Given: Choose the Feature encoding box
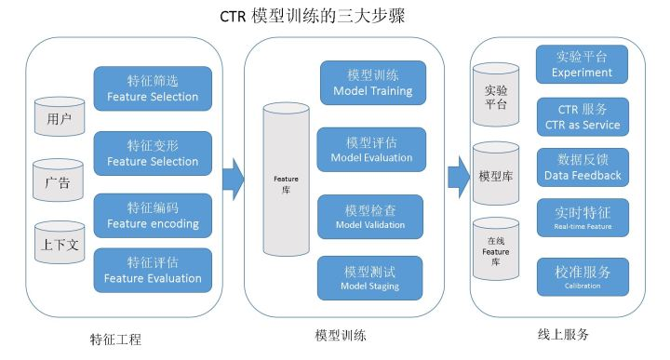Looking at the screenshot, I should click(x=153, y=216).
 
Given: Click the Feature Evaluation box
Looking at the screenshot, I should click(x=153, y=270).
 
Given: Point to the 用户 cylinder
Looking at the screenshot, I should click(x=59, y=115).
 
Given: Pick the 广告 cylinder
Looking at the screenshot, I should click(x=58, y=179).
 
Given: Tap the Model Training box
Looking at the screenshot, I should click(x=371, y=83).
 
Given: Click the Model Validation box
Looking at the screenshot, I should click(x=371, y=215).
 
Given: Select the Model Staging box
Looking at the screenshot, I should click(x=371, y=278).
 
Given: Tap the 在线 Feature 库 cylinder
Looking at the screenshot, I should click(x=496, y=250).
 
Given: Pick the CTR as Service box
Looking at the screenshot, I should click(x=583, y=117).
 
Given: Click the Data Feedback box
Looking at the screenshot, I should click(x=583, y=167).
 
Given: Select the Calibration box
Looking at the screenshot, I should click(x=583, y=277).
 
